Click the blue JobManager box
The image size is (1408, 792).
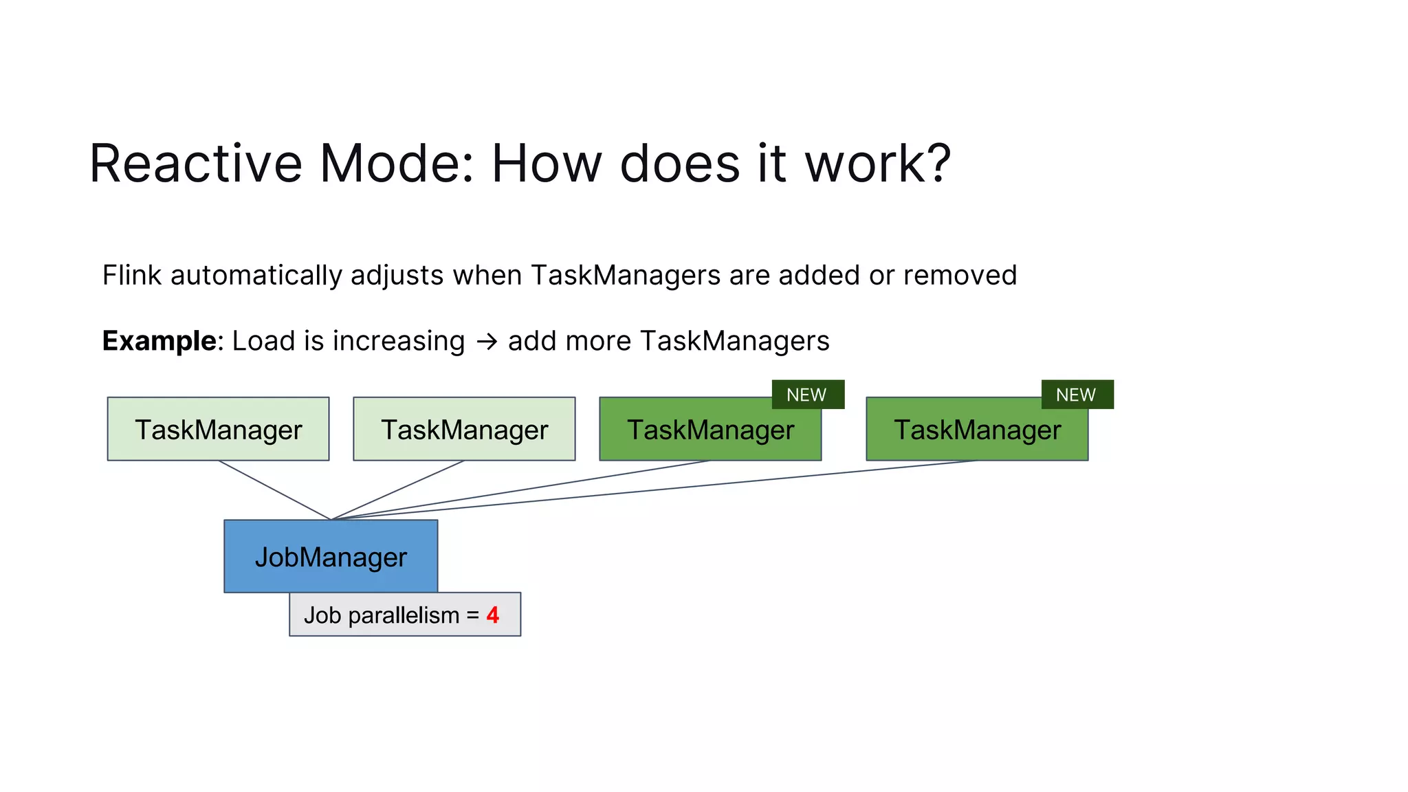(x=331, y=555)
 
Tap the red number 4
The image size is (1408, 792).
(x=492, y=615)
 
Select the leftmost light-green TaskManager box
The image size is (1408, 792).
(x=218, y=429)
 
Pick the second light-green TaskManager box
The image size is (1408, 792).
(x=464, y=429)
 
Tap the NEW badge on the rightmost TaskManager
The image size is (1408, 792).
(x=1077, y=395)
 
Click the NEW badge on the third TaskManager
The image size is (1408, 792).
(x=807, y=395)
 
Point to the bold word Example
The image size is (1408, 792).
(x=159, y=341)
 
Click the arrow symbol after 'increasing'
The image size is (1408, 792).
(x=487, y=342)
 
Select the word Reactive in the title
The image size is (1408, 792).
(x=196, y=164)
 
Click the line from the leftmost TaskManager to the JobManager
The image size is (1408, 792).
(x=275, y=490)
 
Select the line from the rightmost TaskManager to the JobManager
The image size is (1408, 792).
(x=653, y=489)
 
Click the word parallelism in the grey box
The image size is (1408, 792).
(x=404, y=615)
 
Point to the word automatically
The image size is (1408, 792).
(x=256, y=275)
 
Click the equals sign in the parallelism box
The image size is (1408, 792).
(x=472, y=615)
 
